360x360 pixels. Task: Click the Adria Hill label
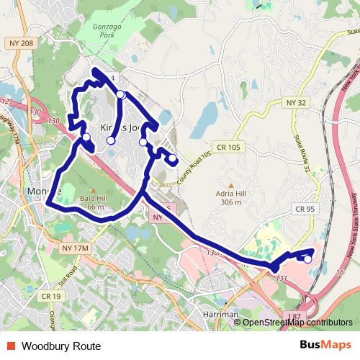click(231, 192)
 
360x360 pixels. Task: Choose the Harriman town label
click(220, 315)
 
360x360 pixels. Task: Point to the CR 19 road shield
click(50, 296)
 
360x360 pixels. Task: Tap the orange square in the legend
click(10, 346)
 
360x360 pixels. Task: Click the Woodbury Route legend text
click(61, 346)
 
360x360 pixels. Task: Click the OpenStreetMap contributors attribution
click(297, 323)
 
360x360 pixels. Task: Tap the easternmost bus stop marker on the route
click(308, 259)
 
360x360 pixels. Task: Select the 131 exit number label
click(282, 278)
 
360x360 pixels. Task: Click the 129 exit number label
click(7, 101)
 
